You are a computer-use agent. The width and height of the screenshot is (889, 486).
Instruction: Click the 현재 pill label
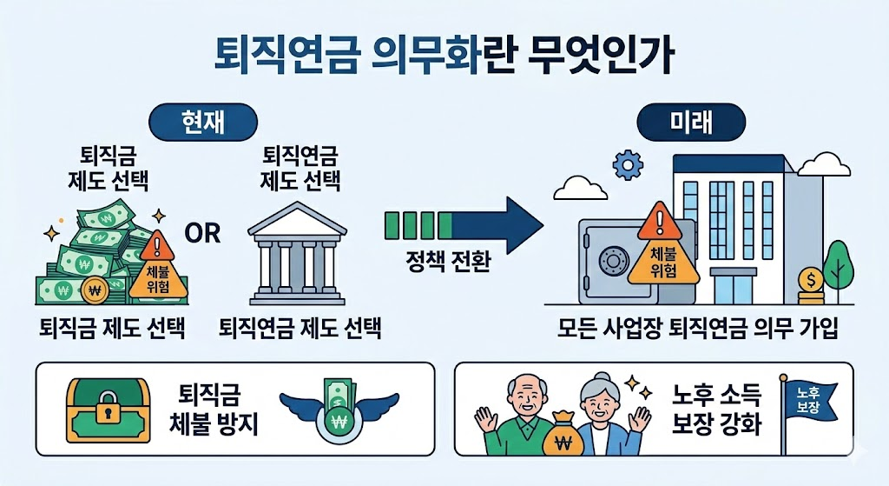pos(201,122)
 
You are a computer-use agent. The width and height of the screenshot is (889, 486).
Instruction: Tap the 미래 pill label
pos(691,122)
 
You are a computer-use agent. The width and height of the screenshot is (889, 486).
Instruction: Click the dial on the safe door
pos(615,259)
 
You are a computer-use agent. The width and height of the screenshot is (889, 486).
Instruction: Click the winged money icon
pos(339,407)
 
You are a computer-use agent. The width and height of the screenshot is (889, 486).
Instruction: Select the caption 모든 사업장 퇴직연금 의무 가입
pos(698,330)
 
